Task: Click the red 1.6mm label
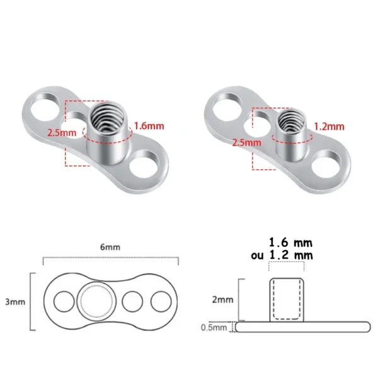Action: point(150,126)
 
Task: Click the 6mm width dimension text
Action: point(110,248)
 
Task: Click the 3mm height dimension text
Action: point(14,302)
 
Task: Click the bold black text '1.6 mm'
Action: point(290,242)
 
